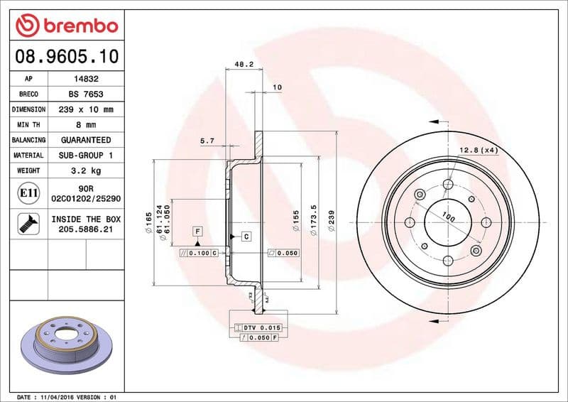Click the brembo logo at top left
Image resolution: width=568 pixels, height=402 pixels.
[x=66, y=26]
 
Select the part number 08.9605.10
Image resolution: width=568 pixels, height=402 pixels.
[x=66, y=55]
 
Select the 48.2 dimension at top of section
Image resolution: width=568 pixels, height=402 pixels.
[x=244, y=64]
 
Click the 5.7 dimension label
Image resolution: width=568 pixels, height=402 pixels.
[x=207, y=141]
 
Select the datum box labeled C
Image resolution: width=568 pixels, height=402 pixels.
[x=246, y=236]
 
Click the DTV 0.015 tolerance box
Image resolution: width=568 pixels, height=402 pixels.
[x=258, y=327]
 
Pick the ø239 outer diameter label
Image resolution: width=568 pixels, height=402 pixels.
[x=332, y=223]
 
